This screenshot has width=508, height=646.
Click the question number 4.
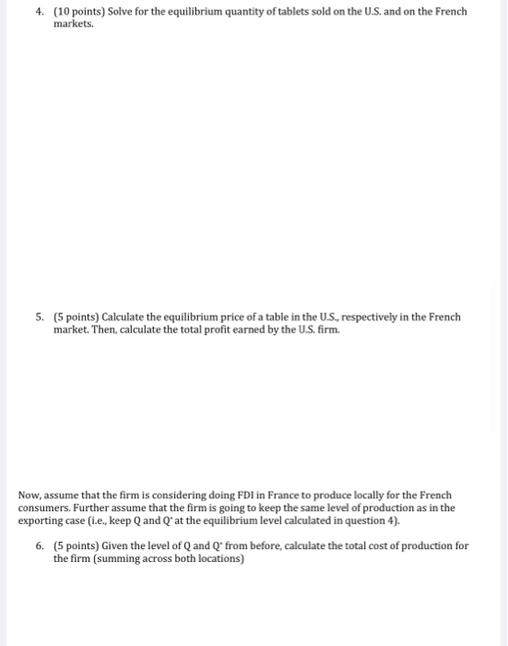[x=39, y=12]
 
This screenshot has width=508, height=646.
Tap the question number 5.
[x=39, y=317]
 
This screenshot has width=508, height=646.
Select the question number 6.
[x=39, y=546]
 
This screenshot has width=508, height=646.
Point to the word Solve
[x=121, y=12]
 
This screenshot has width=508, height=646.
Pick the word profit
[x=174, y=329]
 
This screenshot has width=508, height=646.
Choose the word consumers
[x=42, y=508]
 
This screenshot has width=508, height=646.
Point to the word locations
[x=218, y=558]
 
